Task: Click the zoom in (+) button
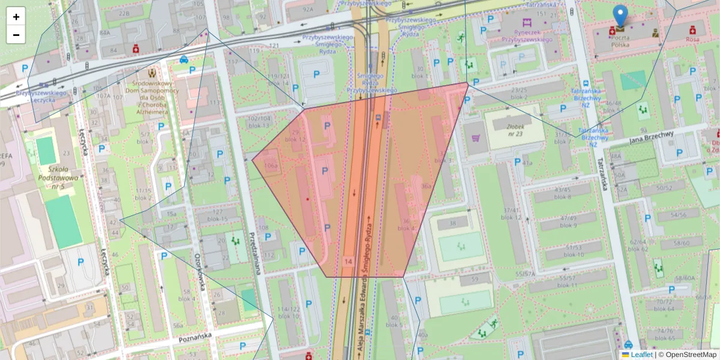coord(16,17)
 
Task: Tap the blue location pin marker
coord(620,16)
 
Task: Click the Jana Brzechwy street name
coord(652,137)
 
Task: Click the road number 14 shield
coord(349,262)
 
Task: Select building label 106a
coord(271,165)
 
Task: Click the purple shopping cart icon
coord(476,139)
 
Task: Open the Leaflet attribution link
coord(641,355)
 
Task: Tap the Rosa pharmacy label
coord(692,39)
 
